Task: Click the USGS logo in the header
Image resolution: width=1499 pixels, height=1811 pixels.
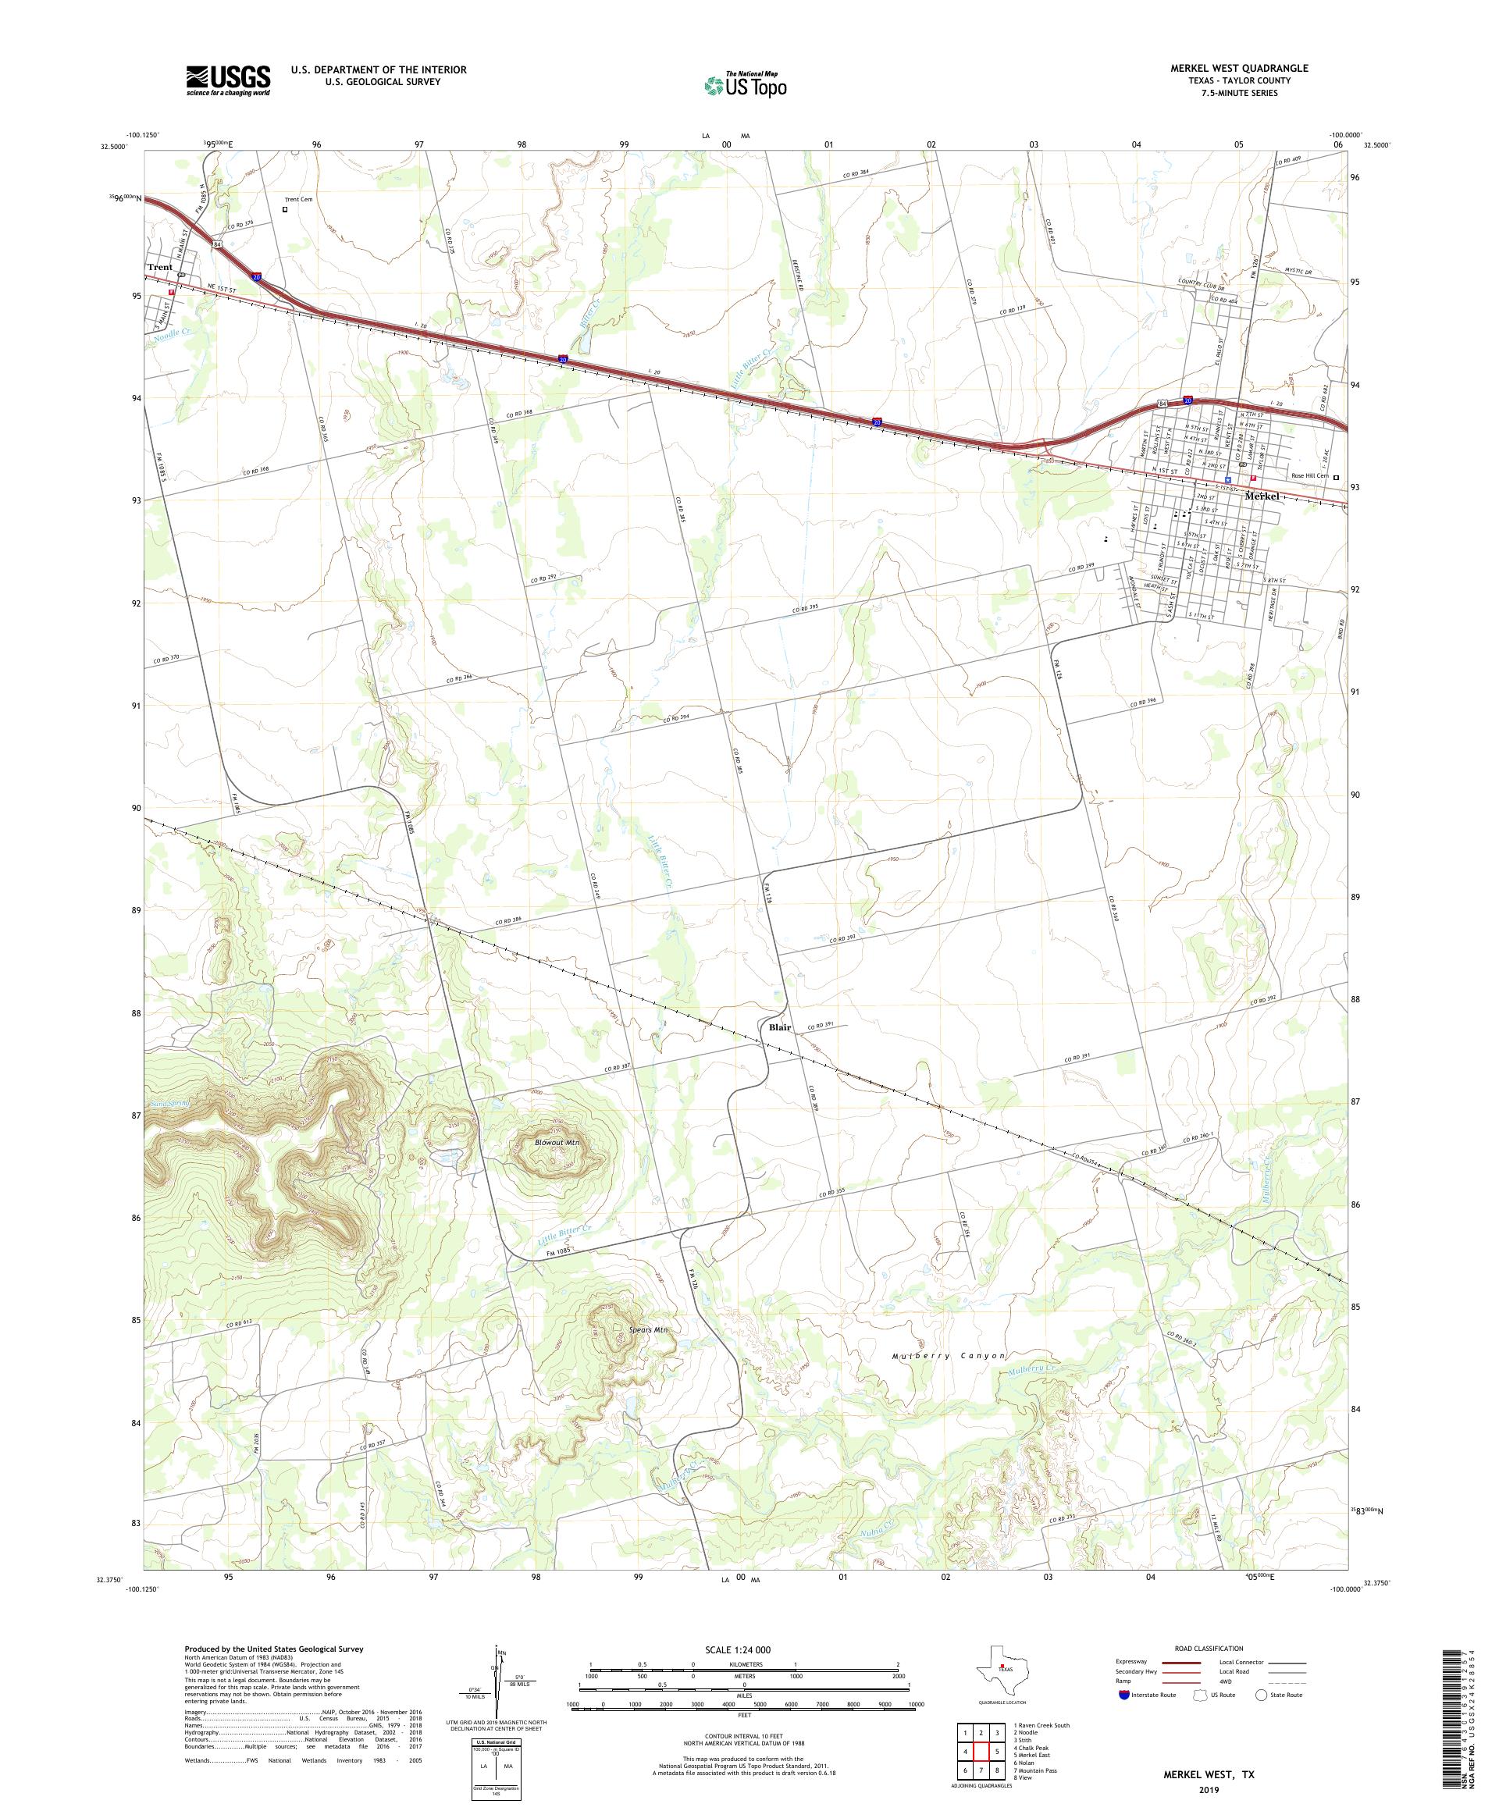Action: pyautogui.click(x=228, y=80)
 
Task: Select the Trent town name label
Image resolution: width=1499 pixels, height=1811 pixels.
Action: pyautogui.click(x=159, y=267)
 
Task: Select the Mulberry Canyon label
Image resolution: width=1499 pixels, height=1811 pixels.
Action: pyautogui.click(x=949, y=1356)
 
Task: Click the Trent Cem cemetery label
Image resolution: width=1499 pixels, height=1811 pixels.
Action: pyautogui.click(x=298, y=199)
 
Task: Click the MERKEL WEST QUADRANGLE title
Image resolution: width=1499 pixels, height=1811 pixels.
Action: pyautogui.click(x=1238, y=67)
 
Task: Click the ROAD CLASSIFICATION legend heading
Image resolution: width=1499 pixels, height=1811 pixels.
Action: pyautogui.click(x=1212, y=1648)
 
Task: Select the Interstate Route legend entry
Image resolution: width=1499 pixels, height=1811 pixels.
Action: pyautogui.click(x=1146, y=1695)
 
